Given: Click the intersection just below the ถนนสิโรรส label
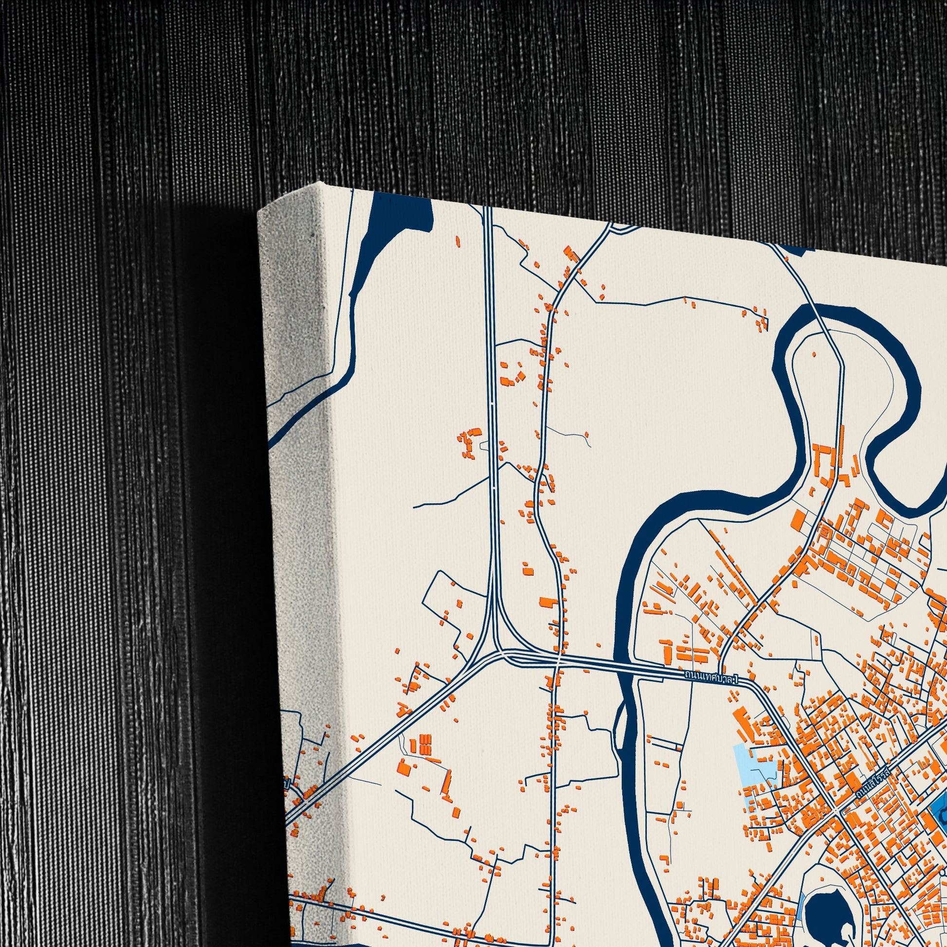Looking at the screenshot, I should tap(837, 814).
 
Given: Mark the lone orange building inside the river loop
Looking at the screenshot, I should tap(815, 354).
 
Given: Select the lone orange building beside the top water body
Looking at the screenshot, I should tap(458, 241).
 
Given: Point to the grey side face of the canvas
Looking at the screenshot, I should tap(299, 441).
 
